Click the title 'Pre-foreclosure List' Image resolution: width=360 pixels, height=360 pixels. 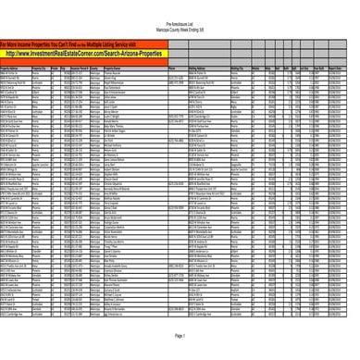tap(180, 6)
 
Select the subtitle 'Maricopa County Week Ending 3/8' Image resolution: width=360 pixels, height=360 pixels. tap(180, 12)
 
